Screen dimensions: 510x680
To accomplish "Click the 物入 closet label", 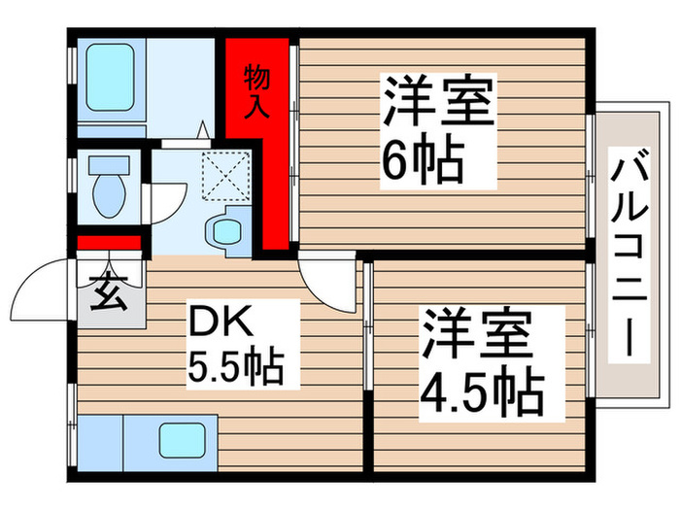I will (256, 90).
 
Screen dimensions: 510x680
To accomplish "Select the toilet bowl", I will (108, 186).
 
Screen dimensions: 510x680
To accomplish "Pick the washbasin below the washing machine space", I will (227, 231).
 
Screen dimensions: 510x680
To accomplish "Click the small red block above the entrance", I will (110, 243).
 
